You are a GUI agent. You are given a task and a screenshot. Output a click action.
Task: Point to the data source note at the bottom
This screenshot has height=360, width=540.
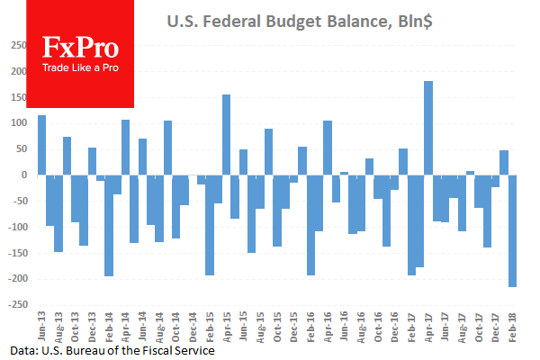[x=112, y=351]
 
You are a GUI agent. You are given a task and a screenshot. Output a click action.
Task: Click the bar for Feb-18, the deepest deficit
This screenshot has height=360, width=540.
[x=512, y=230]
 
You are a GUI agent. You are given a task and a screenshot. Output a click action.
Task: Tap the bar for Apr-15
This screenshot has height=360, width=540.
[x=226, y=135]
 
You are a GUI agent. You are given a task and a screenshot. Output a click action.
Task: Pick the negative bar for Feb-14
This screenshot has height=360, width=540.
[x=109, y=225]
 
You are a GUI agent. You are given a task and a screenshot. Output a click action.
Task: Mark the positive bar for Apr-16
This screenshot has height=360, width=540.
[x=328, y=148]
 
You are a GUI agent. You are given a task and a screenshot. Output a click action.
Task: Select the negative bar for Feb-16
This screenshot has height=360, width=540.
[x=310, y=225]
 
